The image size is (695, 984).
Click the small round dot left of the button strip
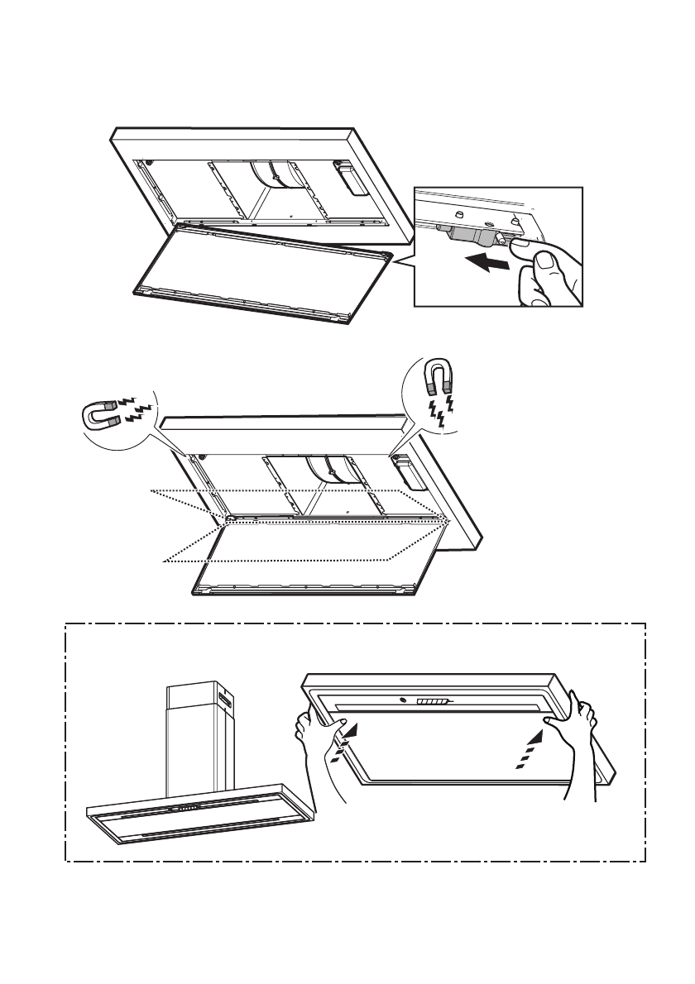pos(403,701)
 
